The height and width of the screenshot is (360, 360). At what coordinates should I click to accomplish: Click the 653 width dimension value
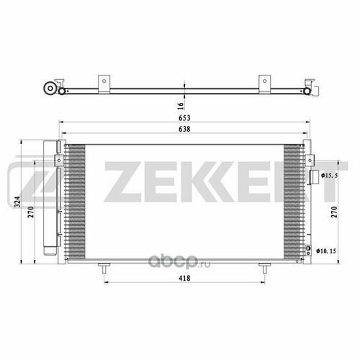point(184,118)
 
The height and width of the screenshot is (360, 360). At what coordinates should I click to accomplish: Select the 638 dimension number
point(184,129)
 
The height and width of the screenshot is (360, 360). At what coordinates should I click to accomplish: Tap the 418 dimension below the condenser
point(184,278)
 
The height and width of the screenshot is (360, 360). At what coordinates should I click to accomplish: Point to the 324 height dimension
point(17,202)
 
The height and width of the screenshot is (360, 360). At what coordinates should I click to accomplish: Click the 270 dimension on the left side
point(31,212)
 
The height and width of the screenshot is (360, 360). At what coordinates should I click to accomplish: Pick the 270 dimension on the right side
point(334,212)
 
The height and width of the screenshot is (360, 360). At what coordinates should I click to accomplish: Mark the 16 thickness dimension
point(181,106)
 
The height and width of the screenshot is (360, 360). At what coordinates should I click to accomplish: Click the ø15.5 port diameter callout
point(330,176)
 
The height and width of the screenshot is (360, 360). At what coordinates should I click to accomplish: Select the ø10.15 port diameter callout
point(326,251)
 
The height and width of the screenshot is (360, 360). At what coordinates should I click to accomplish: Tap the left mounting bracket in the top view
point(104,84)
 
